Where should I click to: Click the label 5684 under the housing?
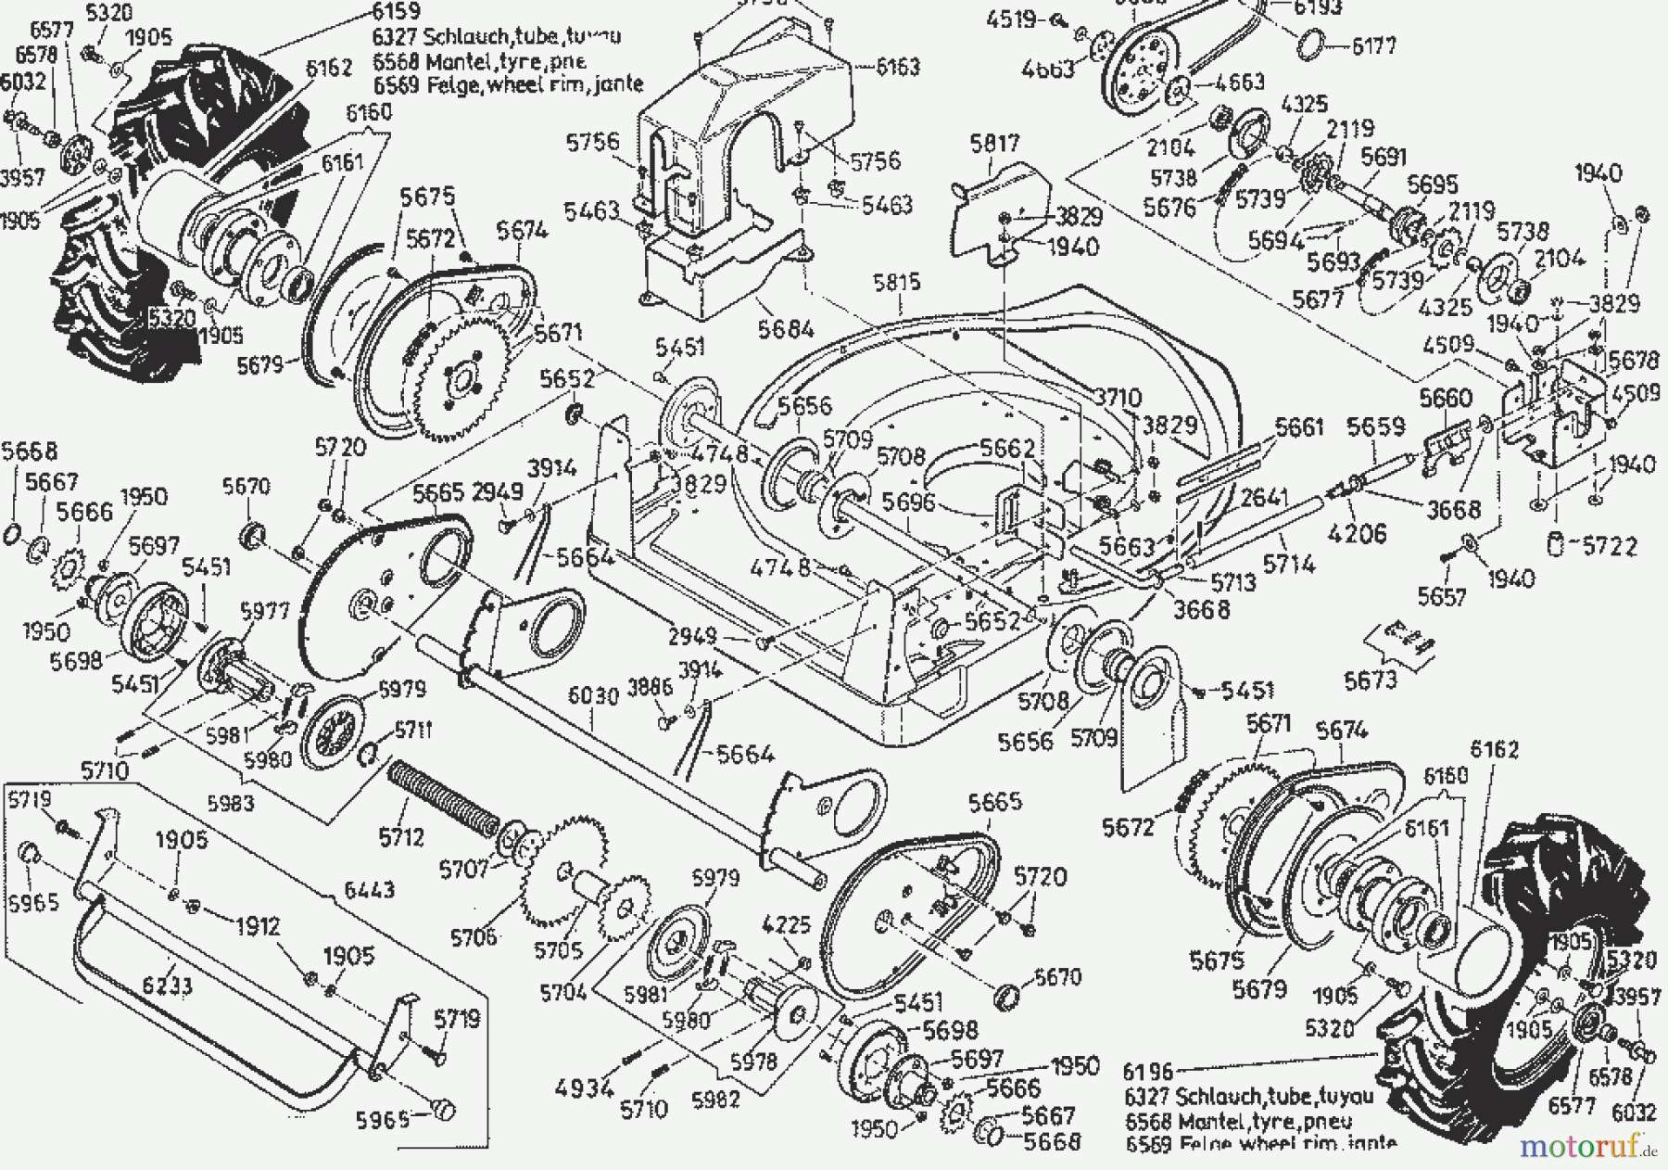click(785, 328)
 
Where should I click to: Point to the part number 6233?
click(167, 985)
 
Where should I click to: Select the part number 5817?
click(994, 144)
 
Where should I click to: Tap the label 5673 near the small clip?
click(1370, 680)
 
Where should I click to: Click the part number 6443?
click(369, 890)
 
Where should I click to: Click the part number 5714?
click(1289, 564)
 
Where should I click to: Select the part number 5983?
click(230, 803)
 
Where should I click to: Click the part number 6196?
click(1147, 1073)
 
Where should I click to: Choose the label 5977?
click(265, 611)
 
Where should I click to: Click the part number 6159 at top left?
click(395, 12)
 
